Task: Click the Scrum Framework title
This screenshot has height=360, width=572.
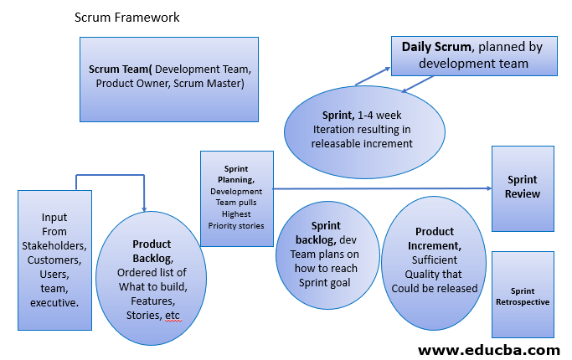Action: point(126,18)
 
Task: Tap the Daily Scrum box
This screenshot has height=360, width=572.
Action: point(472,54)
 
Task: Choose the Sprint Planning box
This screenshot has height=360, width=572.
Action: point(236,198)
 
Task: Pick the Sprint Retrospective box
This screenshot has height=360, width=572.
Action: point(523,295)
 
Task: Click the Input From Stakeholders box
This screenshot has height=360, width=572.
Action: point(54,260)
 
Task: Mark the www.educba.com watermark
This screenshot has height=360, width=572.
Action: point(488,348)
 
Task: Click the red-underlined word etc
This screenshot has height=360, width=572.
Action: point(172,315)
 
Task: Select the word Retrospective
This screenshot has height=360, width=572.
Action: point(523,301)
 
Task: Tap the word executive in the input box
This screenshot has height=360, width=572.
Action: point(54,302)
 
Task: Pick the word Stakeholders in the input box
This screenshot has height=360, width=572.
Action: point(54,245)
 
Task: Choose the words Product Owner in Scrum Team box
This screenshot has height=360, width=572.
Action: point(135,84)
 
